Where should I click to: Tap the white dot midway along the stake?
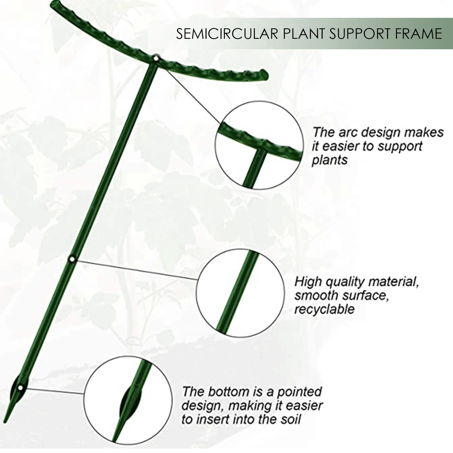[72, 259]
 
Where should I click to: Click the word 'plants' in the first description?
[330, 160]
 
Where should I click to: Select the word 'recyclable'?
[324, 309]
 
